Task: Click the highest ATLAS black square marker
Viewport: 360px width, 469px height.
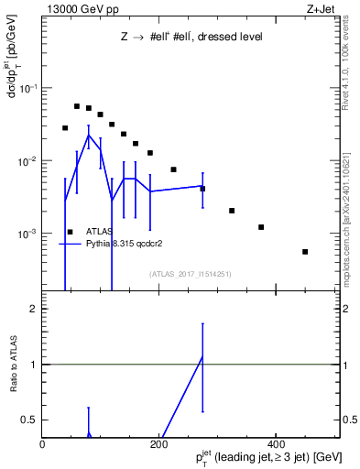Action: point(77,106)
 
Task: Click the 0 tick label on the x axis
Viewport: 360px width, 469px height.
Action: point(42,445)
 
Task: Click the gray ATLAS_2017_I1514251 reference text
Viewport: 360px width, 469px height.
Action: point(189,274)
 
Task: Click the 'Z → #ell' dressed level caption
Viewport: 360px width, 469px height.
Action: point(191,38)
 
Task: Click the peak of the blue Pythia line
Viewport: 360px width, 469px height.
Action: point(89,135)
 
